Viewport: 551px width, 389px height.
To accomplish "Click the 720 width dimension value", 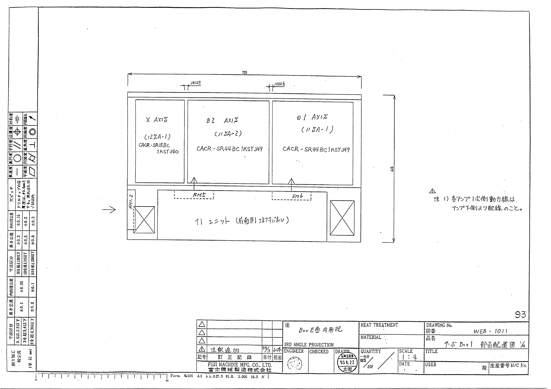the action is click(x=244, y=73).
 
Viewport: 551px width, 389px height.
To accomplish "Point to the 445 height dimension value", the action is click(x=392, y=169).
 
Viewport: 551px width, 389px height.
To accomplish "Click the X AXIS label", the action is click(x=157, y=120).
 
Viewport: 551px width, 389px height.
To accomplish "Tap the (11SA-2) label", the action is click(x=228, y=133).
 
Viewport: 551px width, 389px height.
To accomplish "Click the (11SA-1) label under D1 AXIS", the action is click(x=317, y=130).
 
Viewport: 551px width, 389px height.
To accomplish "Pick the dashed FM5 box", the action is click(x=194, y=195).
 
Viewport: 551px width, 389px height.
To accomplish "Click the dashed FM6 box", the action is click(x=291, y=196).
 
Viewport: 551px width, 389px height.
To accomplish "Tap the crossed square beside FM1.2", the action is click(x=144, y=220).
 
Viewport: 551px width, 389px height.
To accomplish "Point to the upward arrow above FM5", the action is click(x=194, y=181).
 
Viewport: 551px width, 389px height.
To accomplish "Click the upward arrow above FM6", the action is click(x=291, y=182).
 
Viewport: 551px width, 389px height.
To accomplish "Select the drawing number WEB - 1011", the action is click(x=490, y=331).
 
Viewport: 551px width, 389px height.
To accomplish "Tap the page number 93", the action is click(x=520, y=315).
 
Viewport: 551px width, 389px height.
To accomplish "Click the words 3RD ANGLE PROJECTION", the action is click(x=309, y=345).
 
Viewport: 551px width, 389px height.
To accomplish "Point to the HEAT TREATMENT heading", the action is click(x=379, y=325).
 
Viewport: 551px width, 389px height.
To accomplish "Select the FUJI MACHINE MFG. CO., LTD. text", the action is click(x=240, y=365).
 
